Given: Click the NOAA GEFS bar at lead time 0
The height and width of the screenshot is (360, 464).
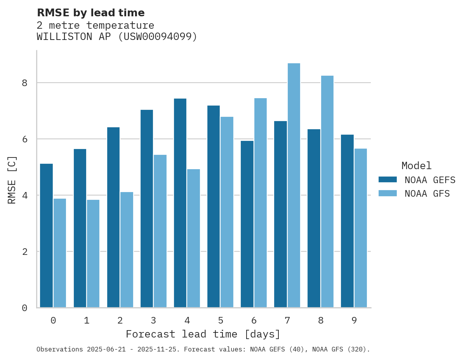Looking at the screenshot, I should click(x=46, y=235).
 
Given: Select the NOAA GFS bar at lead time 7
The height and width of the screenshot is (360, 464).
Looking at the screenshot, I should click(x=294, y=185).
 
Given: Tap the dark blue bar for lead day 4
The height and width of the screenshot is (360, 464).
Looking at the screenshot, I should click(x=180, y=203).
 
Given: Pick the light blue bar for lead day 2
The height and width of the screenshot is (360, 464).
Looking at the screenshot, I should click(x=127, y=250).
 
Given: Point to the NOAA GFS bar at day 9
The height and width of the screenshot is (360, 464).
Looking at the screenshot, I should click(x=361, y=228).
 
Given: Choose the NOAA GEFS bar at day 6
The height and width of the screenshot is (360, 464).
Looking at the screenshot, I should click(x=247, y=224).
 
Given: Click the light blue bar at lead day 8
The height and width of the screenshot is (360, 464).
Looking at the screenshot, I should click(x=327, y=192).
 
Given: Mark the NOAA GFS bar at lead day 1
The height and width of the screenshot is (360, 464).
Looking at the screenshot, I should click(x=93, y=254).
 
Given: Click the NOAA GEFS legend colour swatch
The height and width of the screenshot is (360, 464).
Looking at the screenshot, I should click(x=388, y=180).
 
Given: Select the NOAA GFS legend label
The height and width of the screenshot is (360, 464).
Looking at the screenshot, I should click(x=427, y=194).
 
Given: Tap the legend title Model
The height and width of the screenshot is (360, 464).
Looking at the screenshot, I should click(x=416, y=166).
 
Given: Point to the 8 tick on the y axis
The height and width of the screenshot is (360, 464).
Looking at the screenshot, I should click(x=24, y=83).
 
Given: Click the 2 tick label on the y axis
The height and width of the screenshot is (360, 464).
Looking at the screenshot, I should click(x=24, y=252).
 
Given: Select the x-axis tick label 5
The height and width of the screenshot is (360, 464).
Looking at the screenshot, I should click(x=221, y=320).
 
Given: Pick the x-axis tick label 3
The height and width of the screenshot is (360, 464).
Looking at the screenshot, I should click(x=153, y=320).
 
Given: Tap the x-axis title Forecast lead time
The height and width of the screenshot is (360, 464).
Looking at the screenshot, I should click(x=203, y=334).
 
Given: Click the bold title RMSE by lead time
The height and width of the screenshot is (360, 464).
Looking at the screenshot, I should click(x=90, y=13).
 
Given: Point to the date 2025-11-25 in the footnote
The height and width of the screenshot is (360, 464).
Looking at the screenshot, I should click(x=160, y=350).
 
